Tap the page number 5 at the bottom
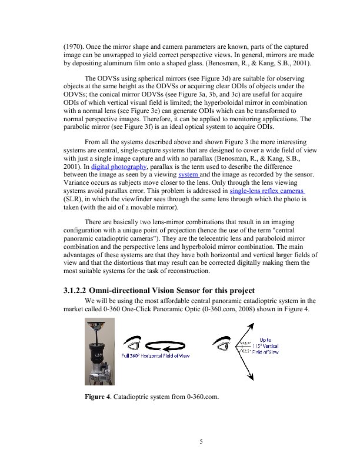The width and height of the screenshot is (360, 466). (x=201, y=442)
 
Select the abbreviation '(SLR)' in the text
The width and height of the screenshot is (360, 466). (x=74, y=199)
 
